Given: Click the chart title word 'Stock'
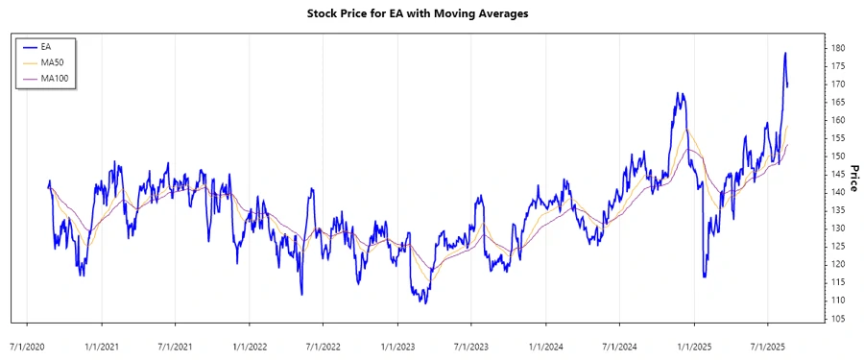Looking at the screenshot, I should (x=326, y=13).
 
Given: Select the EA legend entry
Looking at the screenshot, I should (x=46, y=46).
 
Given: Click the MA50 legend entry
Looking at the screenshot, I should (x=52, y=61).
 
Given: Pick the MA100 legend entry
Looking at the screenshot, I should (x=55, y=78).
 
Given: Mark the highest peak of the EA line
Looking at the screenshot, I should (x=785, y=53).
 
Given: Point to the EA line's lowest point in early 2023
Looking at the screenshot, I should (x=423, y=303).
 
